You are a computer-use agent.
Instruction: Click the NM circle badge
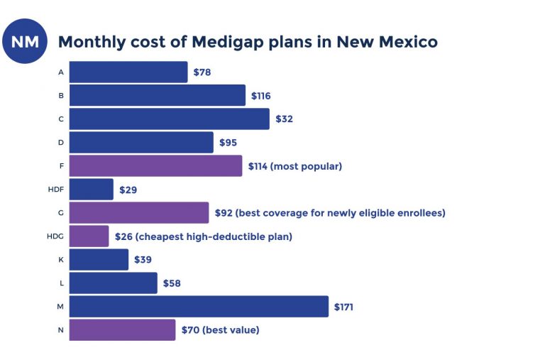[25, 41]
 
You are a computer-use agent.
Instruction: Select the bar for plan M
[199, 307]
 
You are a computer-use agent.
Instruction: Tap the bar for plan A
[128, 72]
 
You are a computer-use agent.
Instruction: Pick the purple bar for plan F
[155, 166]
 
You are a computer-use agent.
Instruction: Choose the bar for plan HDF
[92, 190]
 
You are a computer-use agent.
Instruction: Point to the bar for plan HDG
[89, 236]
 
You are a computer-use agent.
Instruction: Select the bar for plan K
[99, 260]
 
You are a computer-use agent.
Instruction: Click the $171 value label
[343, 307]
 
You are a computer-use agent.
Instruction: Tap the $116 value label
[260, 95]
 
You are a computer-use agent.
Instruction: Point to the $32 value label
[284, 119]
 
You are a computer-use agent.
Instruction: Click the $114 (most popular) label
[295, 166]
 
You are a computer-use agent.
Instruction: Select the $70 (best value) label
[220, 330]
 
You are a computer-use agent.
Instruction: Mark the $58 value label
[172, 283]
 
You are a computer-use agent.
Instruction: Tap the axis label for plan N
[61, 330]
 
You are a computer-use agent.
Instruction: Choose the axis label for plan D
[61, 142]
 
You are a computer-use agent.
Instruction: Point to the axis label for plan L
[61, 283]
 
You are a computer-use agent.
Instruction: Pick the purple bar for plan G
[139, 213]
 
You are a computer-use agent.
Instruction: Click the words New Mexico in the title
[387, 42]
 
